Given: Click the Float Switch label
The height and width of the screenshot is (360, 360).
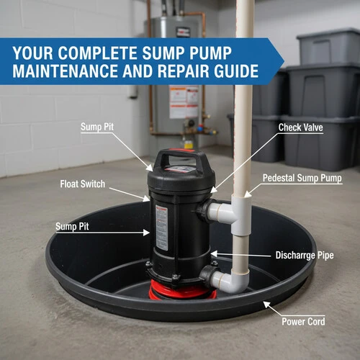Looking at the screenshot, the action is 83,184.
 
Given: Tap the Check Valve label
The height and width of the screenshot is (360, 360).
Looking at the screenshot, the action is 300,127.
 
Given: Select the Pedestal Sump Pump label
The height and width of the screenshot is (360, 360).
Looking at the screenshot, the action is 302,178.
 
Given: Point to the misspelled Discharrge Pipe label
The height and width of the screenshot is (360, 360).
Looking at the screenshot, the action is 305,256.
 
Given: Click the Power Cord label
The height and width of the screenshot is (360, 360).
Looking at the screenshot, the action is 303,322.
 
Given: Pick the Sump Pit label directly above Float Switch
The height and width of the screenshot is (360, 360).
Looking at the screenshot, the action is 97,127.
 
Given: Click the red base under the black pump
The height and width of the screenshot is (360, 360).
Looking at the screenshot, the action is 181,290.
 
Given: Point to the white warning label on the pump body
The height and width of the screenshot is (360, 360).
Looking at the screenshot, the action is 161,228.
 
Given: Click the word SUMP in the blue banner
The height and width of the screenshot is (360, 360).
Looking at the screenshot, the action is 163,53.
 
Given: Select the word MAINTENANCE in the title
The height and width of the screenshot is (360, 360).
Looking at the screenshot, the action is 66,71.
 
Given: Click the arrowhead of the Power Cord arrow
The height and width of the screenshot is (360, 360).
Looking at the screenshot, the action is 266,304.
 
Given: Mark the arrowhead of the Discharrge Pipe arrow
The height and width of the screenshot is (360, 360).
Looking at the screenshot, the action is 213,254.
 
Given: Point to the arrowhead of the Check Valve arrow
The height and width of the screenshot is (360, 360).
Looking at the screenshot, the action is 213,190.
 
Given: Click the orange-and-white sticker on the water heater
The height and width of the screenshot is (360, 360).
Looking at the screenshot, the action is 184,102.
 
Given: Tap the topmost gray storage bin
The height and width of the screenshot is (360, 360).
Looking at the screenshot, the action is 328,46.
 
